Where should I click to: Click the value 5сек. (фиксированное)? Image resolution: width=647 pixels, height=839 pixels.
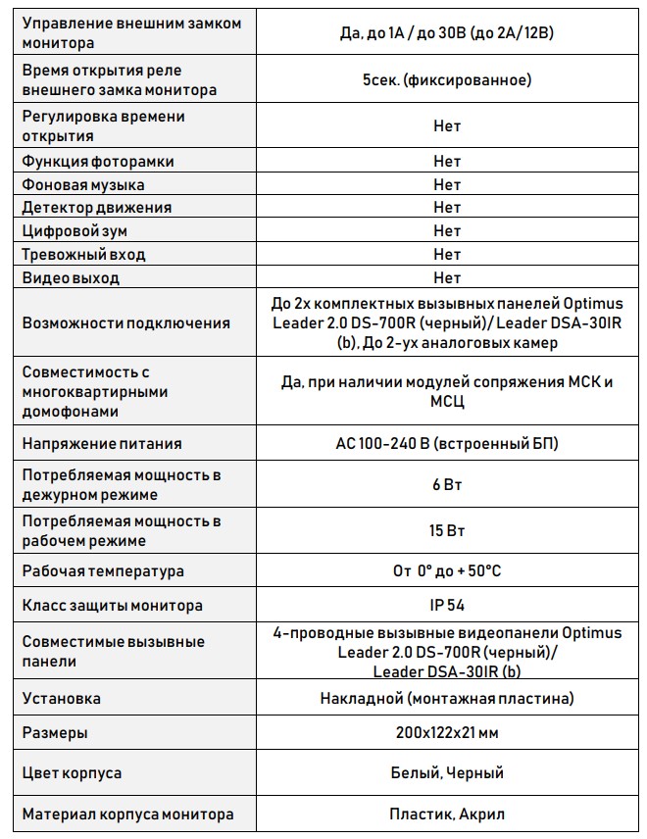click(x=446, y=80)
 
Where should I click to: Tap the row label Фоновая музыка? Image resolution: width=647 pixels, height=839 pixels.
click(x=83, y=184)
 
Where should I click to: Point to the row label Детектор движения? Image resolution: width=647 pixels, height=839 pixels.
click(x=96, y=208)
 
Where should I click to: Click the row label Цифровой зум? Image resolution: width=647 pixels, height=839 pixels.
click(x=75, y=231)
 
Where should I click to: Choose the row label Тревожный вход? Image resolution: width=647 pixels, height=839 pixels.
click(x=83, y=255)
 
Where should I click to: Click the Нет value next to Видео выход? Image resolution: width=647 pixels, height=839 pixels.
click(x=446, y=278)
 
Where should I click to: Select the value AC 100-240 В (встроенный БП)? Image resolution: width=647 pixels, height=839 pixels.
click(x=446, y=444)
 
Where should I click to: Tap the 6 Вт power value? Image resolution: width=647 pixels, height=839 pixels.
click(x=446, y=485)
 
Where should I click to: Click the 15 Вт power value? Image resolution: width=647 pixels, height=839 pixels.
click(x=446, y=531)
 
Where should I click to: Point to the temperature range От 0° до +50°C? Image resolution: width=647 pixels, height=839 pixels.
click(x=446, y=570)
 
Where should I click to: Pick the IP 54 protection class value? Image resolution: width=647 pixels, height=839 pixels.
click(x=446, y=606)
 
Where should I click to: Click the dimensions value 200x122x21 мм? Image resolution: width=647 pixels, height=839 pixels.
click(x=446, y=733)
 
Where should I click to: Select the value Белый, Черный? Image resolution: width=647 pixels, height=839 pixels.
click(x=446, y=773)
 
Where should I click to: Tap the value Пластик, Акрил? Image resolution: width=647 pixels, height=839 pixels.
click(x=446, y=814)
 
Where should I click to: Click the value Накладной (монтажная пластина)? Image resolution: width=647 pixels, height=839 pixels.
click(x=446, y=699)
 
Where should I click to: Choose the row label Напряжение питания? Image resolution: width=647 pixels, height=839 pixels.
click(x=102, y=444)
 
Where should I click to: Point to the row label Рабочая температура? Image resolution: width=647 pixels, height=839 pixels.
click(x=103, y=570)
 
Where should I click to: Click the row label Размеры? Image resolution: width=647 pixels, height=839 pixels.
click(x=55, y=733)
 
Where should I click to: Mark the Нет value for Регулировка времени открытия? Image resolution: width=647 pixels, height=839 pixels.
click(x=446, y=126)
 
